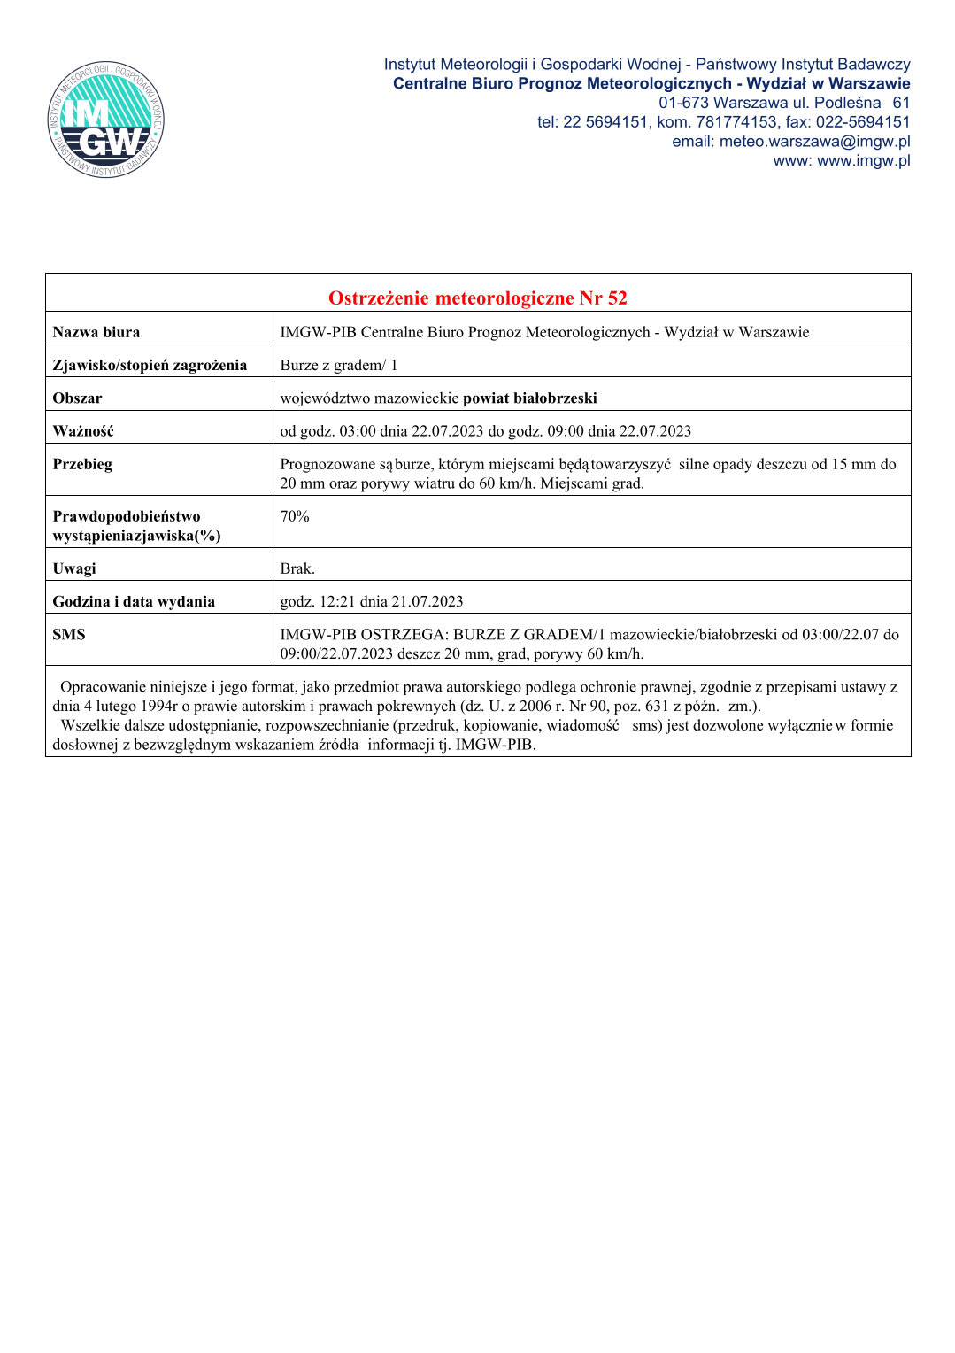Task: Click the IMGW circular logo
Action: [x=105, y=120]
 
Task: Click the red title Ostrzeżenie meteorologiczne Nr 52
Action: [x=477, y=298]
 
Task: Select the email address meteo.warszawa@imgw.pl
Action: [x=814, y=142]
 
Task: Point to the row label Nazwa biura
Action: [x=96, y=332]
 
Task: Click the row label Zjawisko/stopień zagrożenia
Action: [x=150, y=365]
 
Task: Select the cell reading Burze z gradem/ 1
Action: [x=339, y=365]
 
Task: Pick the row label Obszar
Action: [x=77, y=398]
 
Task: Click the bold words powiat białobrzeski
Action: [x=529, y=398]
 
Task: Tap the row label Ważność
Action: [x=82, y=431]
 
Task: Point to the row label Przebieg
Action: [x=82, y=464]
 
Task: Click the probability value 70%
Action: [x=295, y=516]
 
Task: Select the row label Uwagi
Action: [x=74, y=568]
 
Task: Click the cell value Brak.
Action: [x=297, y=568]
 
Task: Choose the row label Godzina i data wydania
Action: [x=134, y=601]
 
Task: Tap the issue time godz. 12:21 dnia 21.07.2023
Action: [x=372, y=601]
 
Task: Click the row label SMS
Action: [x=69, y=634]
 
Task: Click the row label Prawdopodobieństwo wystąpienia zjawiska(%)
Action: [x=136, y=526]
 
